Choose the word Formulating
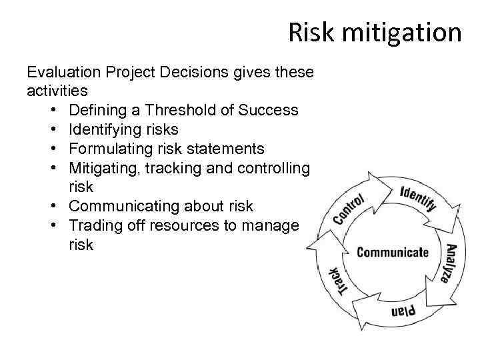point(110,148)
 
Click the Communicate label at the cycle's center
point(392,252)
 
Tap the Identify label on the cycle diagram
point(418,198)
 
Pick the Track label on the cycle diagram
point(339,279)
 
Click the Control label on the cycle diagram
point(347,209)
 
